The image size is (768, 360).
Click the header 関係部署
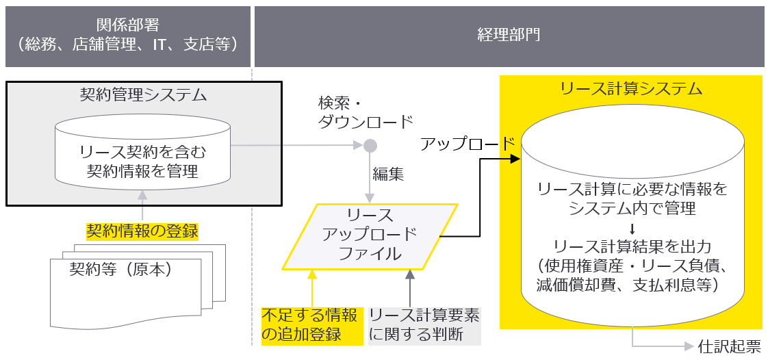point(127,25)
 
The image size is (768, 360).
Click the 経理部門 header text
point(509,35)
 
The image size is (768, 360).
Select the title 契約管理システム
point(143,94)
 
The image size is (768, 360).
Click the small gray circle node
point(370,145)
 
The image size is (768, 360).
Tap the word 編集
point(388,174)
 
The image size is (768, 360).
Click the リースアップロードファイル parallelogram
point(370,236)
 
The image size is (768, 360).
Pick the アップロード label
point(468,143)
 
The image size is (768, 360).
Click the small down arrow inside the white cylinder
point(632,228)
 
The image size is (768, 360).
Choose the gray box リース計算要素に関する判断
point(424,325)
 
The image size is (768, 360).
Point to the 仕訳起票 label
point(729,347)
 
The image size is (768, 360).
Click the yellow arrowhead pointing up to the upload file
point(312,274)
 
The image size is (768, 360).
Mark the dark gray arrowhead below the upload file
point(409,274)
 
